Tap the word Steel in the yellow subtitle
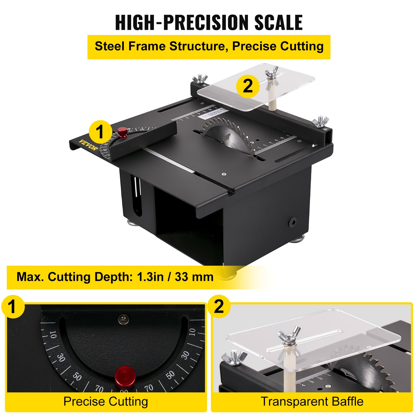110,47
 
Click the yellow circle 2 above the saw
248,86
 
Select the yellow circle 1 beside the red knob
100,132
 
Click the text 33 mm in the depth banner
194,277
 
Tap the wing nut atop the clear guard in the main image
271,73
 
